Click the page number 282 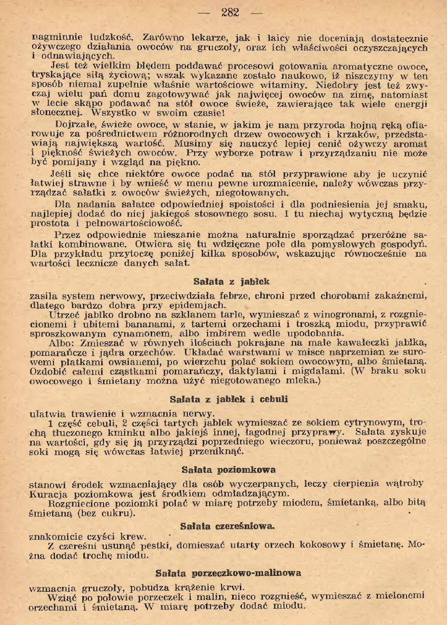pyautogui.click(x=230, y=13)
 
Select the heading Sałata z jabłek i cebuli pyautogui.click(x=228, y=398)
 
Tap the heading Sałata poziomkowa pyautogui.click(x=228, y=469)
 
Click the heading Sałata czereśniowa pyautogui.click(x=228, y=525)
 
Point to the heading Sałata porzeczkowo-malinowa pyautogui.click(x=228, y=573)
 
